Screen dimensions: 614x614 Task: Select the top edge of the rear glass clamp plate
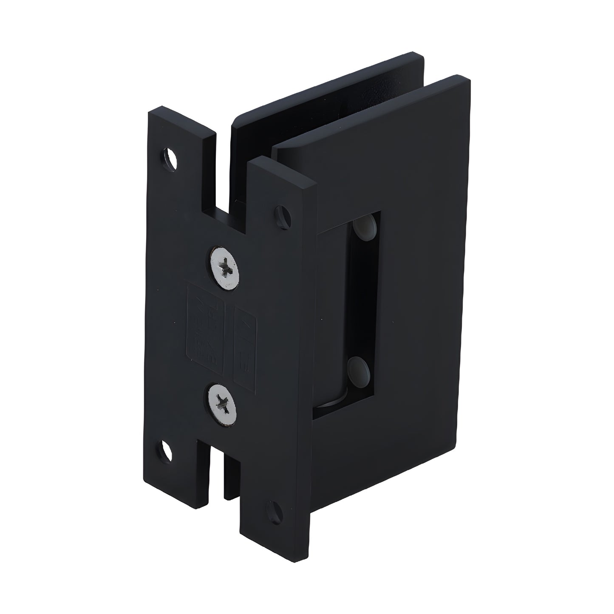327,85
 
